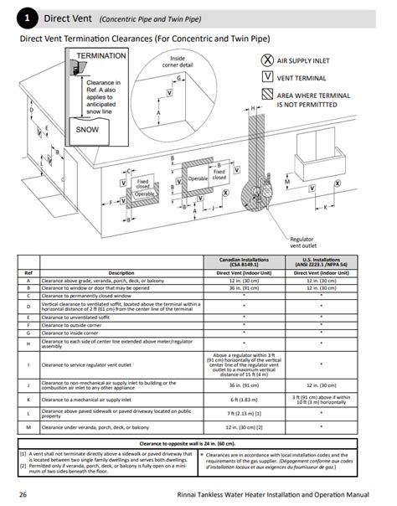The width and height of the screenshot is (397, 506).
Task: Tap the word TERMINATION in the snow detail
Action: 101,55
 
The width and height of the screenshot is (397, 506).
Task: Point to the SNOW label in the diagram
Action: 87,130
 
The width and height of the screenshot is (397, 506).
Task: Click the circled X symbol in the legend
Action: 267,61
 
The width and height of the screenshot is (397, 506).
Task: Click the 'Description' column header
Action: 121,272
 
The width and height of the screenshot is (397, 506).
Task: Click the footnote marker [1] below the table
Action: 23,454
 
